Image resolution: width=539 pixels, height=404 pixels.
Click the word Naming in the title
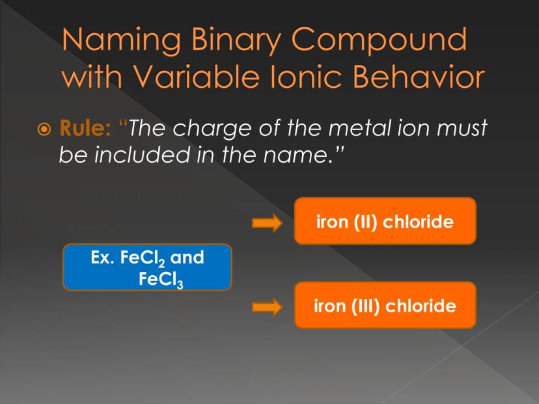(121, 40)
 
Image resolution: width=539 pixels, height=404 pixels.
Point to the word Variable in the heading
(195, 75)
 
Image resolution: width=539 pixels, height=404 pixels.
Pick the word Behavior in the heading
(419, 75)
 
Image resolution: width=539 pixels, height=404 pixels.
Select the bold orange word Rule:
(85, 128)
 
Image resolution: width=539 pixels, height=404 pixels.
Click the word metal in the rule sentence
(359, 128)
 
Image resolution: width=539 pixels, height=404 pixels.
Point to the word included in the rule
(142, 154)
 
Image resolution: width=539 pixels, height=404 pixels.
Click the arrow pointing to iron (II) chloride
(267, 222)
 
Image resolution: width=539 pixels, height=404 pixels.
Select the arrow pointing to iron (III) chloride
(267, 306)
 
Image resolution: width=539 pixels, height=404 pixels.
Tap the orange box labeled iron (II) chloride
(385, 221)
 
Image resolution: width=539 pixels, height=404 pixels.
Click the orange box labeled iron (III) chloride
(385, 305)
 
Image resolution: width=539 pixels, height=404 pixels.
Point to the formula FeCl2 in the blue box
(143, 258)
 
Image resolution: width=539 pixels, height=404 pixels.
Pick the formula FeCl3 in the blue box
(161, 279)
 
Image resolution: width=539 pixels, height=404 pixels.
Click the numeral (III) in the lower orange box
(365, 306)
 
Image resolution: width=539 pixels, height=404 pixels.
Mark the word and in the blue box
(187, 257)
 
